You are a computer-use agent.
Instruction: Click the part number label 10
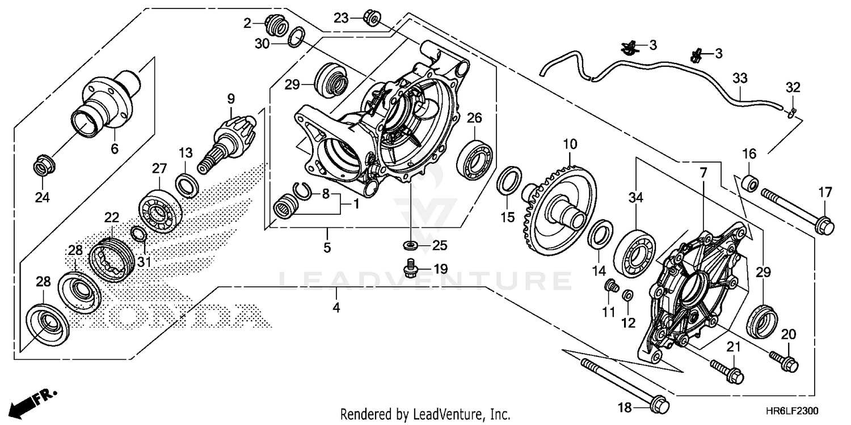click(569, 144)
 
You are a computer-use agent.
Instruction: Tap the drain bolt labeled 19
click(411, 268)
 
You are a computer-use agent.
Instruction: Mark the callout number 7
click(703, 173)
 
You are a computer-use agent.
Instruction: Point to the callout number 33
click(739, 78)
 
